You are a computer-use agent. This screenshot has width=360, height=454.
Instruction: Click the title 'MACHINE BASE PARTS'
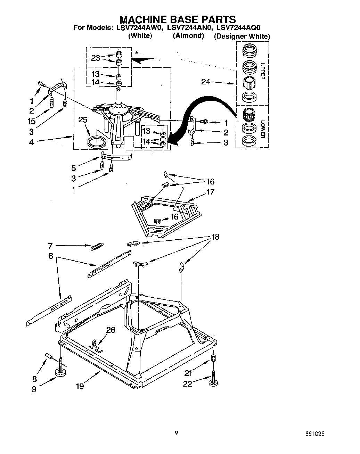(178, 19)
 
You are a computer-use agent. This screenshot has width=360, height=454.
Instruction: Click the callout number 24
(206, 82)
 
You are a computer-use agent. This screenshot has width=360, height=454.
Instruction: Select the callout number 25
(83, 120)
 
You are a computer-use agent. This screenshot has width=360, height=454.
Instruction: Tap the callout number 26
(111, 330)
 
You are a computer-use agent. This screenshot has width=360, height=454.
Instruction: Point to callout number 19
(80, 386)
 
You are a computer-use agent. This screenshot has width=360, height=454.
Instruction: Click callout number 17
(210, 192)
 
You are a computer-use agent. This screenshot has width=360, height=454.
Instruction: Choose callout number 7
(50, 246)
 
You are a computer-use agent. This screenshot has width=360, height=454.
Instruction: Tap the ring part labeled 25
(97, 142)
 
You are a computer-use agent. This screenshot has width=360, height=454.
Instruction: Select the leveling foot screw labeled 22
(213, 379)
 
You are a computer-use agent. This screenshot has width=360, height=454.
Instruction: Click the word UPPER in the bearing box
(263, 71)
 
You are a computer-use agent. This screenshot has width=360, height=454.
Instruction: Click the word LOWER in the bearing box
(263, 129)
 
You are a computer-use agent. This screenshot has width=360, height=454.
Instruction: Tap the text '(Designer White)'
(242, 36)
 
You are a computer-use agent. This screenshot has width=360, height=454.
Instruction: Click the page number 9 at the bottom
(177, 433)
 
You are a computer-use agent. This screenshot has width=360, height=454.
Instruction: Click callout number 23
(96, 58)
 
